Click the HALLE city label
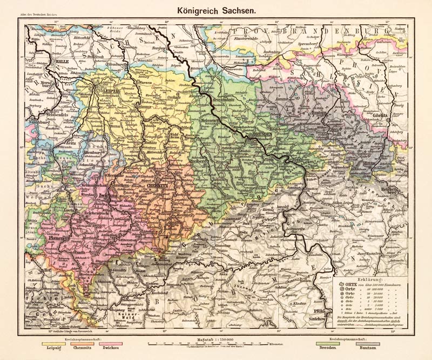click(63, 62)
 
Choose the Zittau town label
click(369, 161)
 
